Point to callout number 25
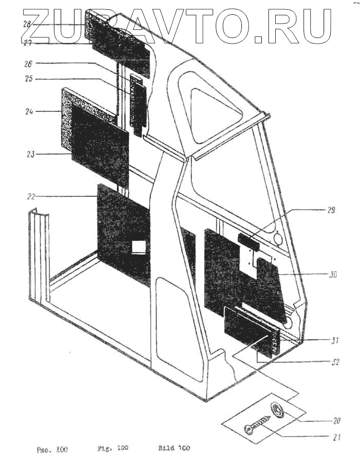click(x=29, y=79)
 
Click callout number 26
click(x=29, y=64)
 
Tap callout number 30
click(x=332, y=275)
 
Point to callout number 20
click(x=336, y=420)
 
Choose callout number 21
click(x=336, y=438)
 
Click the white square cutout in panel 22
click(x=139, y=247)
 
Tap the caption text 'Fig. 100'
click(x=112, y=448)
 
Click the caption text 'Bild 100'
click(x=174, y=448)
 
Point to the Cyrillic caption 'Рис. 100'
click(x=52, y=450)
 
